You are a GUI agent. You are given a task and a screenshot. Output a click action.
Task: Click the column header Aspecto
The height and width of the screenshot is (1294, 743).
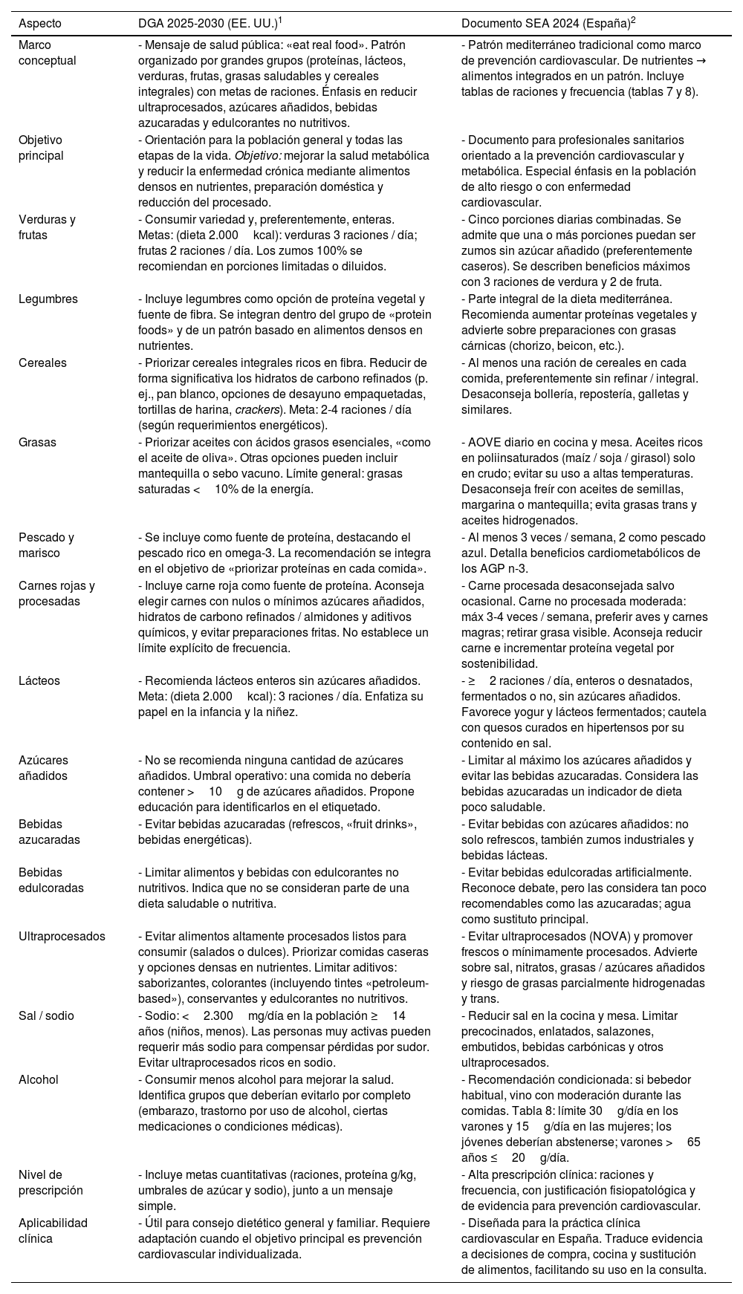40,23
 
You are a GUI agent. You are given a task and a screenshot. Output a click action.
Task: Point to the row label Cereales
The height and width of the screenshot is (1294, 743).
42,363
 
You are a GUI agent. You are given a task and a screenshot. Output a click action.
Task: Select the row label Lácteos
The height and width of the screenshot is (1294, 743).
39,681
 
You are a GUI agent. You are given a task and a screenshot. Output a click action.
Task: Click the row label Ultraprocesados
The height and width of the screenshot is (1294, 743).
62,937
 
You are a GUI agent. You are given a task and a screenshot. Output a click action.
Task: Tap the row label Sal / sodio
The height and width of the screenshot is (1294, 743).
46,1016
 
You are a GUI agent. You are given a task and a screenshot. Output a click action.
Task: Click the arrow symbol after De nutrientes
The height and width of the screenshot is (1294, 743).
700,61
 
